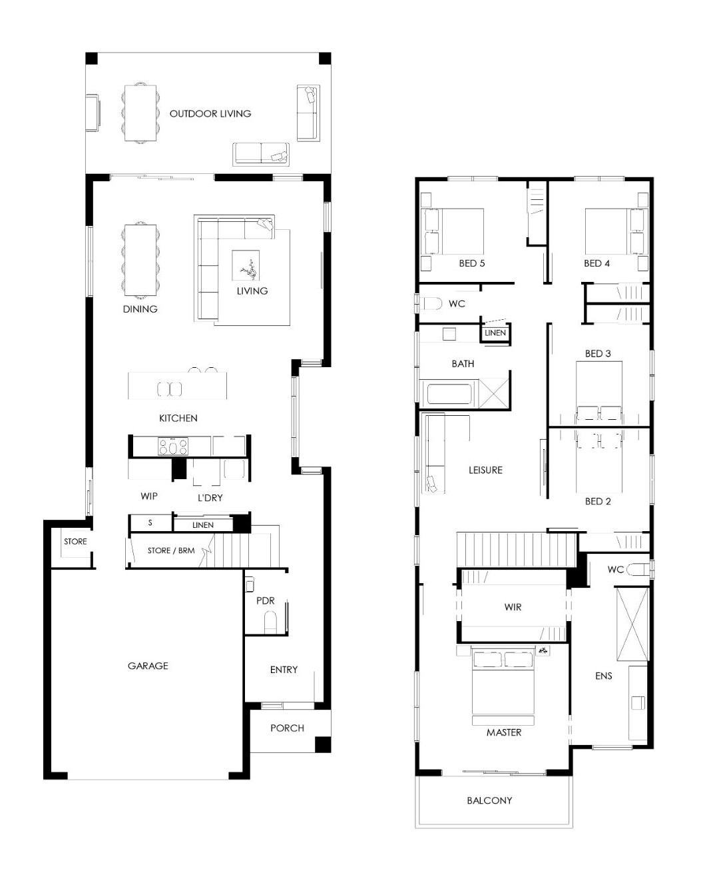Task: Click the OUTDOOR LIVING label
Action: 210,113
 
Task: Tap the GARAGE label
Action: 148,666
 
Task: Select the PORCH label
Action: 287,728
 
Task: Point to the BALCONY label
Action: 489,800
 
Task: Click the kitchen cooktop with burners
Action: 173,446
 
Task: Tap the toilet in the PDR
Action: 270,622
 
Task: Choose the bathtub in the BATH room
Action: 449,394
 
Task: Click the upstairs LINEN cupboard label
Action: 495,333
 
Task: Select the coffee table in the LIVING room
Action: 246,265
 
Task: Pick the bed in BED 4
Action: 616,231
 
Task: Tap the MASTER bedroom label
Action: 504,732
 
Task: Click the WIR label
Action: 513,607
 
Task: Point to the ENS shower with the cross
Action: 632,624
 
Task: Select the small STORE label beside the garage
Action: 76,541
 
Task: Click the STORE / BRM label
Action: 171,550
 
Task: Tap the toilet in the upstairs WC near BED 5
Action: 431,304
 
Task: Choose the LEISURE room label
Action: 485,470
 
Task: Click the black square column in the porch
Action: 322,744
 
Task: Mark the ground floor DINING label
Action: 140,309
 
